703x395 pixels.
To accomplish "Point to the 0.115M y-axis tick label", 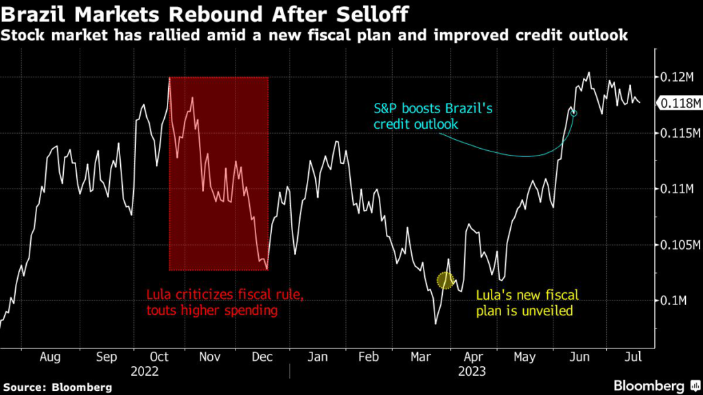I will (676, 132).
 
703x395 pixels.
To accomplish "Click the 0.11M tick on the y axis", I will (673, 189).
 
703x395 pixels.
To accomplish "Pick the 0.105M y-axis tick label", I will (676, 245).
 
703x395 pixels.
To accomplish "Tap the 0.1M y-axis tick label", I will (671, 300).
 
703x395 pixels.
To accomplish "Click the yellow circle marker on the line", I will (446, 280).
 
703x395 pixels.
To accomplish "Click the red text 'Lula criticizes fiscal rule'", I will (224, 295).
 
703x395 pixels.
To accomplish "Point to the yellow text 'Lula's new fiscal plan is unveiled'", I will (528, 302).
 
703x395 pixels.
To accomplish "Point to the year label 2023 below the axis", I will (471, 371).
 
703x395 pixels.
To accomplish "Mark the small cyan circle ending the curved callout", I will (574, 112).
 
